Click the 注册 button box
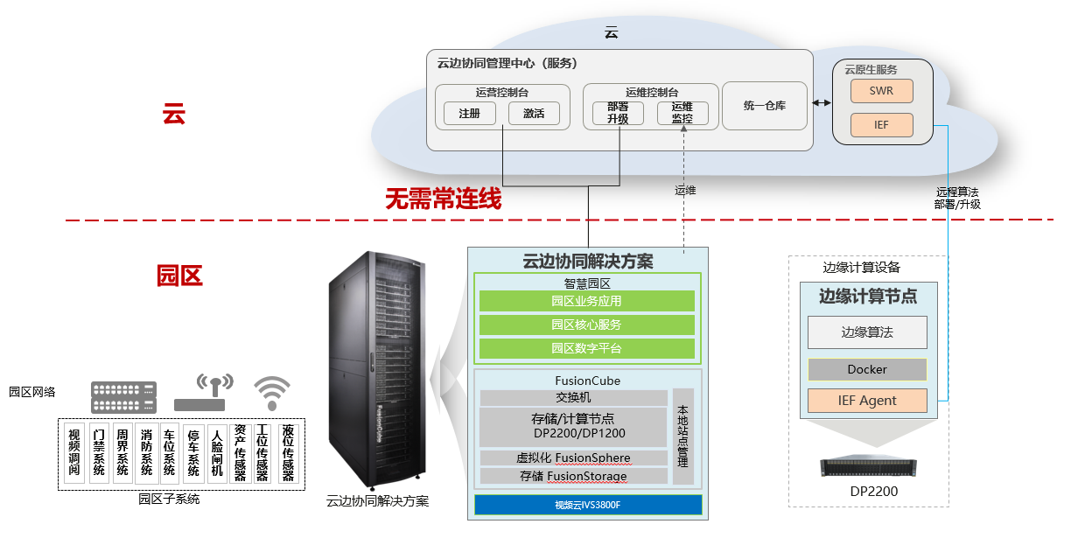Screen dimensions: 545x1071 pos(470,114)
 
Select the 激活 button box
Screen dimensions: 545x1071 pos(534,114)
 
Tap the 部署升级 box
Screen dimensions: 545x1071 pos(618,113)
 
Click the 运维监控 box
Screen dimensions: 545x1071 pos(682,113)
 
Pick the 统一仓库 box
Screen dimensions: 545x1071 pos(765,106)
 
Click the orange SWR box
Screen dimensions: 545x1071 pos(881,91)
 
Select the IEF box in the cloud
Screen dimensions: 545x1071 pos(881,125)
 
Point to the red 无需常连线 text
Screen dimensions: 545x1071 pos(444,199)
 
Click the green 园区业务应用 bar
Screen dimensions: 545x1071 pos(586,301)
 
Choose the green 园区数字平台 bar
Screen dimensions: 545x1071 pos(586,348)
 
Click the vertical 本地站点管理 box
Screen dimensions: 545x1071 pos(683,437)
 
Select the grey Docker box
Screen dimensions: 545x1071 pos(867,369)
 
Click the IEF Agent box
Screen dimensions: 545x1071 pos(867,401)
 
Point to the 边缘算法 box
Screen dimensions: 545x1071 pos(867,332)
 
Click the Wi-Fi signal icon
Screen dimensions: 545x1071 pos(272,393)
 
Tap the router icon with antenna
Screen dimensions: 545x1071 pos(202,395)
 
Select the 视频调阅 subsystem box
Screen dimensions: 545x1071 pos(75,453)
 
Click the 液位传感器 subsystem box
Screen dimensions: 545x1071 pos(288,453)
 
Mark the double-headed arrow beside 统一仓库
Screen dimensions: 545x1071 pos(822,103)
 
